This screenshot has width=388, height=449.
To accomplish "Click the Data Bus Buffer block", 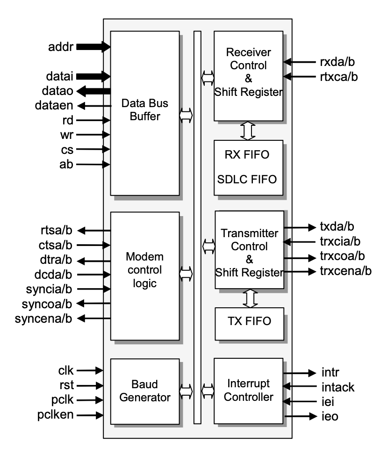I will coord(144,112).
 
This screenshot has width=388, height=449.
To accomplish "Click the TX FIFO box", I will coord(249,324).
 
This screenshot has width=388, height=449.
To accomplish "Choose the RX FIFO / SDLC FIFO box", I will coord(248,167).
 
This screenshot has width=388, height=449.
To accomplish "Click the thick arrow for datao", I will coord(93,90).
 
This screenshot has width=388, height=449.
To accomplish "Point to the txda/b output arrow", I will coord(300,227).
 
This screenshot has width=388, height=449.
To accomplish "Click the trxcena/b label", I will coord(345,271).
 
